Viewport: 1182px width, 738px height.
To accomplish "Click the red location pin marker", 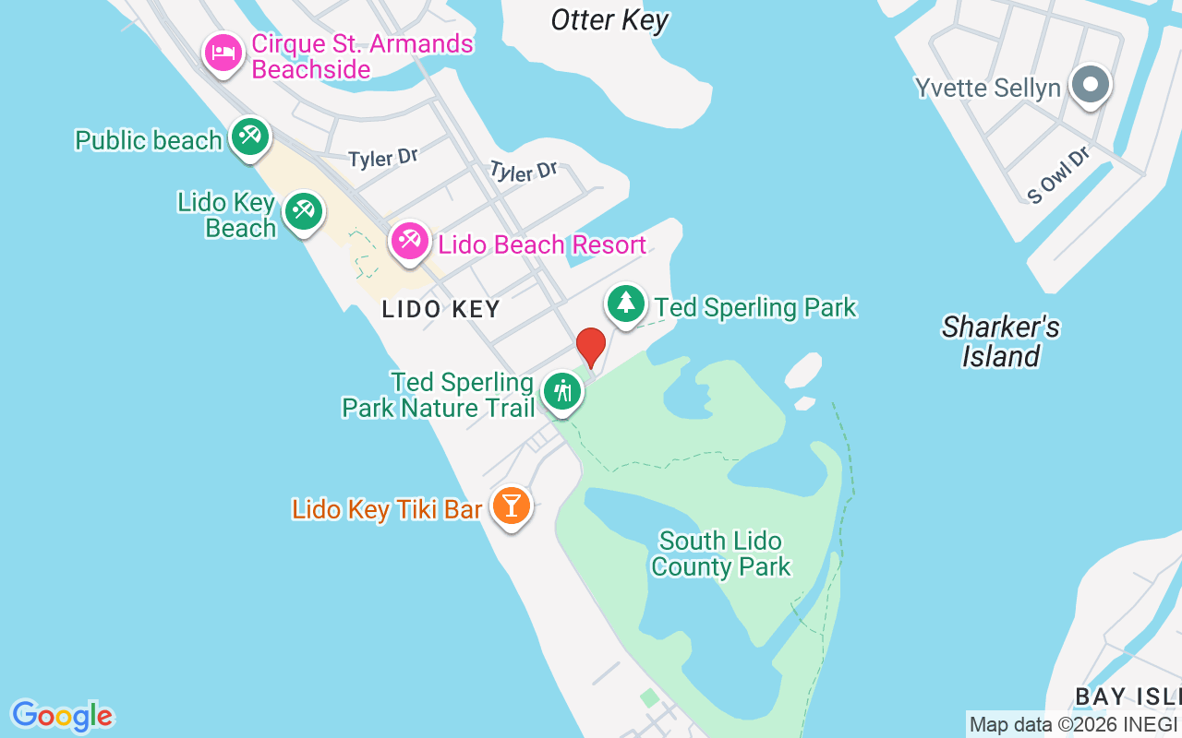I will pyautogui.click(x=591, y=348).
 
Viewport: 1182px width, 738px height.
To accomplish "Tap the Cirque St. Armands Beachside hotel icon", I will pyautogui.click(x=223, y=53).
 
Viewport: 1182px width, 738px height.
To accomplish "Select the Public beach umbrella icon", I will pyautogui.click(x=248, y=137).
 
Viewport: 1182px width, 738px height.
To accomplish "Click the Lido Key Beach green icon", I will pyautogui.click(x=303, y=212).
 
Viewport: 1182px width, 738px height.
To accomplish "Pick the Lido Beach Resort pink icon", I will pyautogui.click(x=409, y=242).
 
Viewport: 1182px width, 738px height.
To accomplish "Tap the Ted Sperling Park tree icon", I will pyautogui.click(x=626, y=304).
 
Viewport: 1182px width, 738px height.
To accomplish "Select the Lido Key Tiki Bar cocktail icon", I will pyautogui.click(x=511, y=506).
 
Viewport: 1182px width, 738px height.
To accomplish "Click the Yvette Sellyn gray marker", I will pyautogui.click(x=1091, y=86).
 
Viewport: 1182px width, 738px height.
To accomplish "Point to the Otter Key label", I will pyautogui.click(x=609, y=19).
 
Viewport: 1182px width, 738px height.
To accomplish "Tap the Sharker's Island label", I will pyautogui.click(x=1001, y=341).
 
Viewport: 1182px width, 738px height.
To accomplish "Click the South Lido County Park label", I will pyautogui.click(x=720, y=553).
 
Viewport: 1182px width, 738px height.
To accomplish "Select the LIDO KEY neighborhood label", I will pyautogui.click(x=441, y=309).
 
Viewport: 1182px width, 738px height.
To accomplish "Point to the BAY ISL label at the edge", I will pyautogui.click(x=1128, y=696).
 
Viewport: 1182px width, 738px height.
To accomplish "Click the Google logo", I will pyautogui.click(x=62, y=716).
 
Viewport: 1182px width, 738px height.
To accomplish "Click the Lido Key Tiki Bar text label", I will pyautogui.click(x=387, y=509).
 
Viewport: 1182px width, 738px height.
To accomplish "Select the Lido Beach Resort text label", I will pyautogui.click(x=542, y=244).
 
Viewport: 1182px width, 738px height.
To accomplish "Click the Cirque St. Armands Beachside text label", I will pyautogui.click(x=362, y=56).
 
